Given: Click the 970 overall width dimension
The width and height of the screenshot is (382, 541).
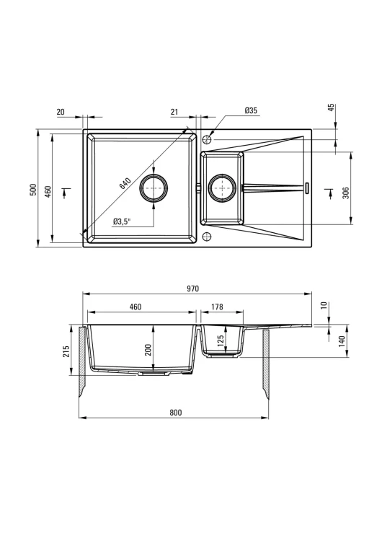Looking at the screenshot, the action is [192, 289].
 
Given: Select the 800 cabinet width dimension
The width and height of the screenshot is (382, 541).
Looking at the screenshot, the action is [175, 413].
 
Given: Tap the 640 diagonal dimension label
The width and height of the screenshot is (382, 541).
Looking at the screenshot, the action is [125, 183].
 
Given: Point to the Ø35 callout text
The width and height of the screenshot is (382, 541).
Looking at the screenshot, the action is [251, 110].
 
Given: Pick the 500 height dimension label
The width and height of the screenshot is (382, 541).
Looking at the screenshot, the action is [32, 190].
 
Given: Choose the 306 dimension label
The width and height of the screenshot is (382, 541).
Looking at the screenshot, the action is [346, 193].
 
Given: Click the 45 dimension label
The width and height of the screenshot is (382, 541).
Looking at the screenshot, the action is [332, 107].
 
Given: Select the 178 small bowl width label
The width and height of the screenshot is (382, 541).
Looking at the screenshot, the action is [217, 307].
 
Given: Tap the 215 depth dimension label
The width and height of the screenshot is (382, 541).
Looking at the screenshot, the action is [66, 351].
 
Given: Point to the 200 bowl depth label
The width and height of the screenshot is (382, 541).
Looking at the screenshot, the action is [148, 350].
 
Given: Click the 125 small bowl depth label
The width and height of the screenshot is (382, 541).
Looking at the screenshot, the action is [221, 340].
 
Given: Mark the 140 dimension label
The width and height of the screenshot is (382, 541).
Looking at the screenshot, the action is [342, 341].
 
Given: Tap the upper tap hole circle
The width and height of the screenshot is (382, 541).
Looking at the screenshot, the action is [207, 139].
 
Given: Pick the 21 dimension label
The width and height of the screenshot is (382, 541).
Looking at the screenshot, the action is [174, 111].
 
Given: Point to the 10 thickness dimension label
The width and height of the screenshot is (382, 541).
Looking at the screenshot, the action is [324, 306].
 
